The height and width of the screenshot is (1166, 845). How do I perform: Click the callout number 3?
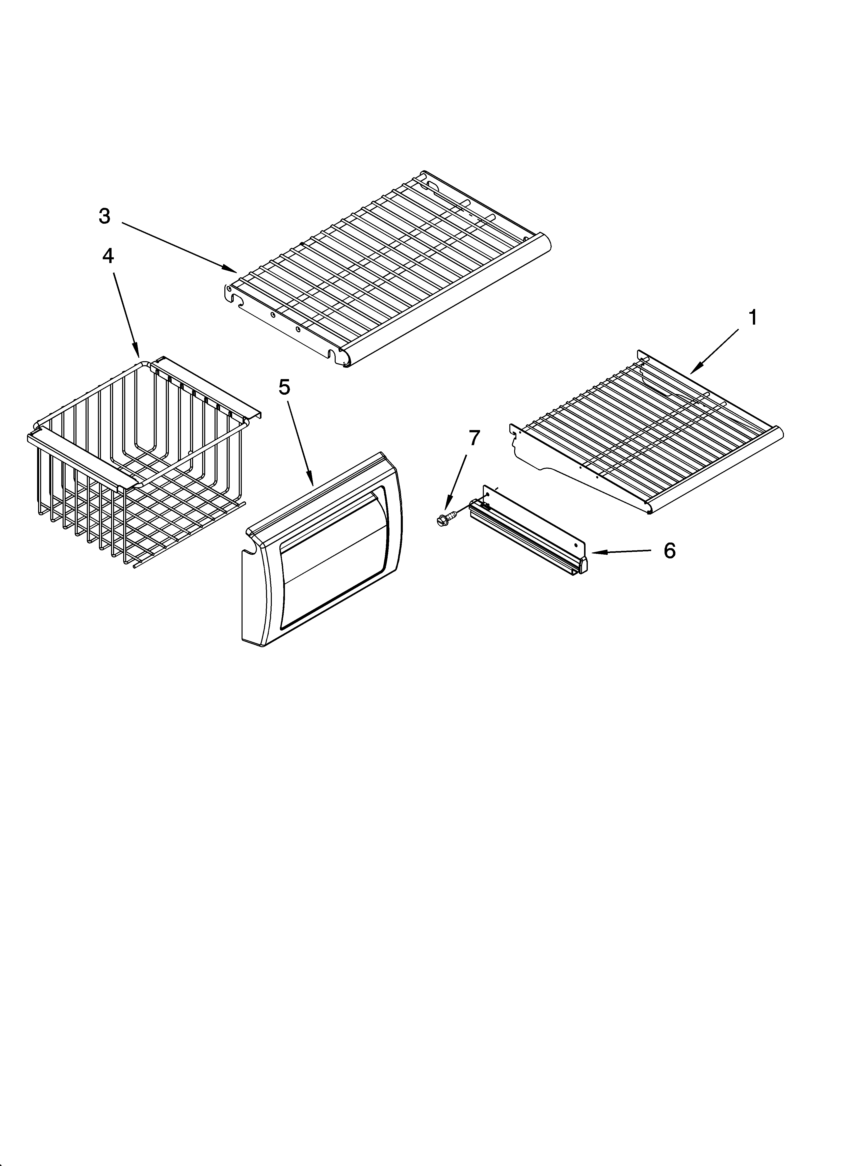(104, 216)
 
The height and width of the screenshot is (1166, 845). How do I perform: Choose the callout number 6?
(669, 551)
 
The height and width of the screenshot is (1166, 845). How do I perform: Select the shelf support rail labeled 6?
(530, 532)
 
